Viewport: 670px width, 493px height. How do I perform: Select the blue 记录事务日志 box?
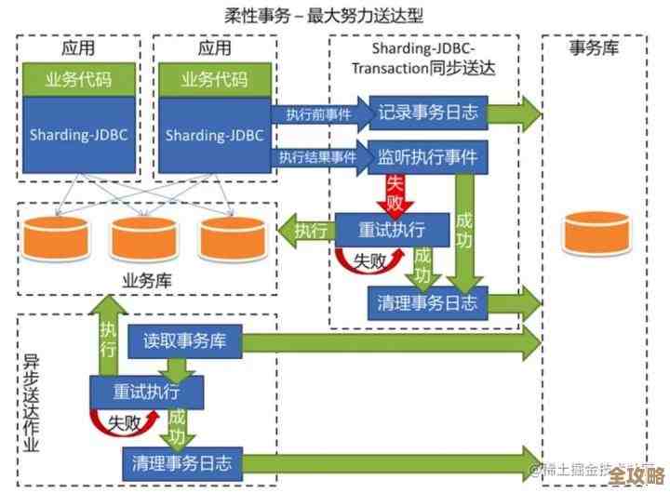point(428,113)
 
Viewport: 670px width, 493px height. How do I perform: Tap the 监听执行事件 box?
point(428,157)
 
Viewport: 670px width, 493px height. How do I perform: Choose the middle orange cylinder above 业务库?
point(139,238)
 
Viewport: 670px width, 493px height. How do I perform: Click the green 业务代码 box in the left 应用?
point(78,80)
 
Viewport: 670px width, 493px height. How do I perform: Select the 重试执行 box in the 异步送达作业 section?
point(147,392)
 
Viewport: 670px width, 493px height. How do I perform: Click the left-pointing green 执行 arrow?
point(309,229)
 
